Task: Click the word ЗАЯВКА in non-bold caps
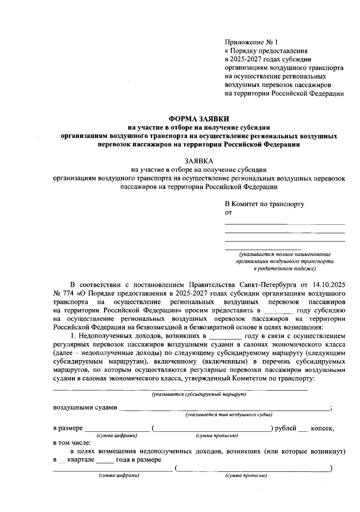coord(199,161)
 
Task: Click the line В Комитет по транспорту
coord(265,204)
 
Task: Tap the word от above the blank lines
coord(228,213)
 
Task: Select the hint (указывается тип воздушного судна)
coord(229,415)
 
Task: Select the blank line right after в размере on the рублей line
coord(117,430)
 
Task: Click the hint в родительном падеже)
coord(285,269)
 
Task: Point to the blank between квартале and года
coord(105,461)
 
